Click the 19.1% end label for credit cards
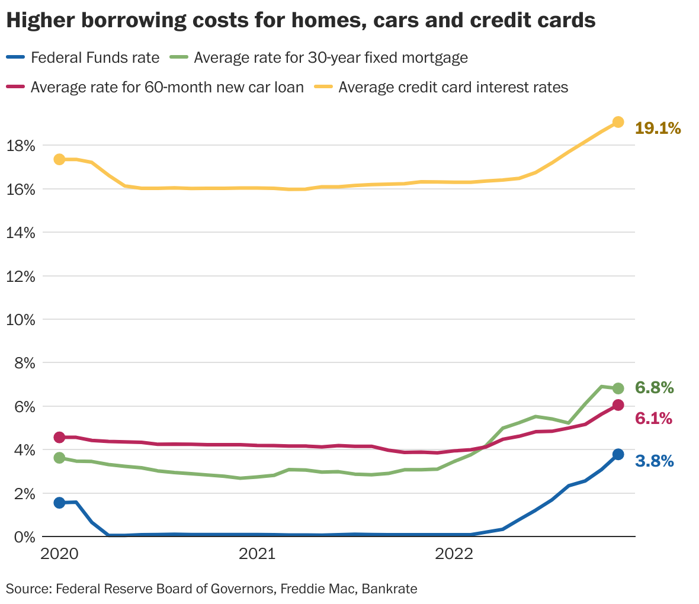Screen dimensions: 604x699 point(658,128)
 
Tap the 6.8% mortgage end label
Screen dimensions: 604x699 point(654,388)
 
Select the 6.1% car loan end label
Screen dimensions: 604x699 point(653,419)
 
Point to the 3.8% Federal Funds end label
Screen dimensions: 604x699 point(654,461)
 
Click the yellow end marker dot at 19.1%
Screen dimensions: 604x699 point(618,122)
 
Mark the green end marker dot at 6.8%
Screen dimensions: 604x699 point(618,388)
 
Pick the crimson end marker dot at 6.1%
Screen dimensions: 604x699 point(618,405)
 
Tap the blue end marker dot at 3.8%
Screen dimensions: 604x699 point(618,455)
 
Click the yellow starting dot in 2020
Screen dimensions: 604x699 point(59,159)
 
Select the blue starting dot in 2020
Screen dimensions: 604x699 point(59,503)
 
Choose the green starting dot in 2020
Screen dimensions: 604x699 point(59,458)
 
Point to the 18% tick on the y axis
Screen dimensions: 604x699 point(21,146)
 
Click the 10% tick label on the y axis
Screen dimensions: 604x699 point(21,320)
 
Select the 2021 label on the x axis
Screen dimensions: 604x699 point(256,554)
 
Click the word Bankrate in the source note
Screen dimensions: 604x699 point(389,589)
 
